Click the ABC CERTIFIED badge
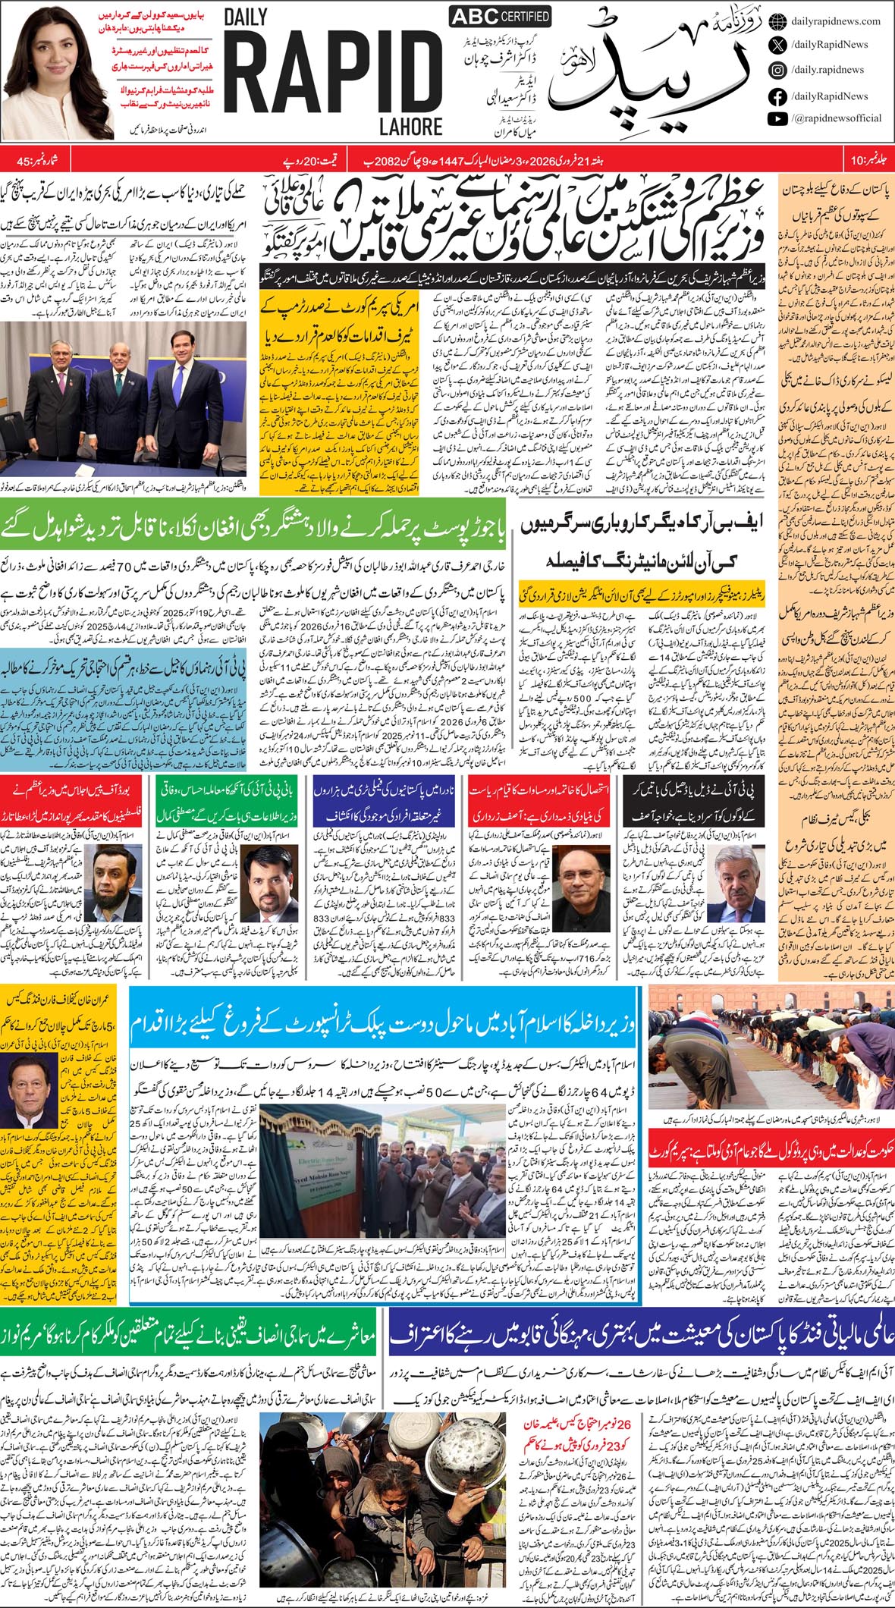500,17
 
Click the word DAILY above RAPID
250,20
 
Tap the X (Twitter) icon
777,45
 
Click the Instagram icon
777,71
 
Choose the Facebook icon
777,96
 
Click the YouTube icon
777,118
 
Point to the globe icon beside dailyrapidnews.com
777,21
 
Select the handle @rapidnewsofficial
836,118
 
